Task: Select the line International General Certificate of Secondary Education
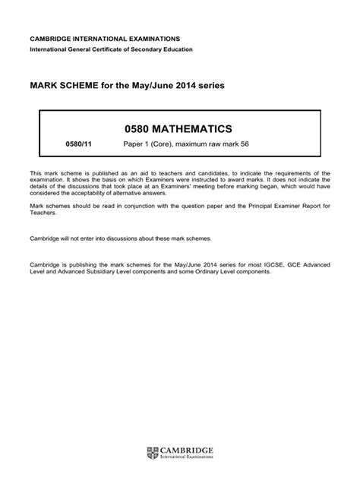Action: [111, 49]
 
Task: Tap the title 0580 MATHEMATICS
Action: [179, 129]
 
